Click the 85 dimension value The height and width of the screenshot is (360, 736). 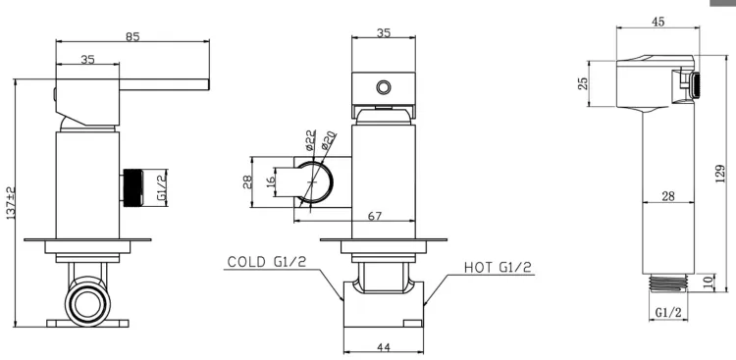coord(132,36)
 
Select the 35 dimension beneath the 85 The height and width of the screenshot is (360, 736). coord(87,59)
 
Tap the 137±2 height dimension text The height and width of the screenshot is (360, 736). coord(11,203)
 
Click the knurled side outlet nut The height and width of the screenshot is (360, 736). coord(132,187)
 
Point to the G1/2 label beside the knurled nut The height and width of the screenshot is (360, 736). coord(162,187)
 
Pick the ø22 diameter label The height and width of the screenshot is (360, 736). coord(309,141)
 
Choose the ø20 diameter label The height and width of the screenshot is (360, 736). coord(328,141)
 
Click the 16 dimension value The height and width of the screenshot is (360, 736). coord(271,181)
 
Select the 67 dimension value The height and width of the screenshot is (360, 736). coord(375,216)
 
